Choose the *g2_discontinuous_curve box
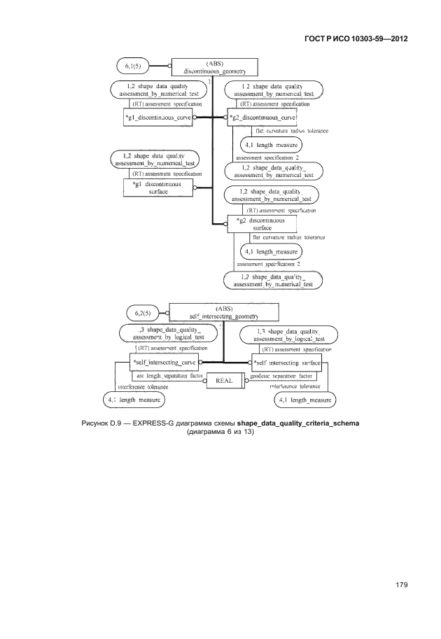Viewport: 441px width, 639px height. click(261, 117)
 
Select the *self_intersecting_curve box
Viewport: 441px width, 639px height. click(164, 363)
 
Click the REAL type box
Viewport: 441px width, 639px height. click(225, 381)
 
